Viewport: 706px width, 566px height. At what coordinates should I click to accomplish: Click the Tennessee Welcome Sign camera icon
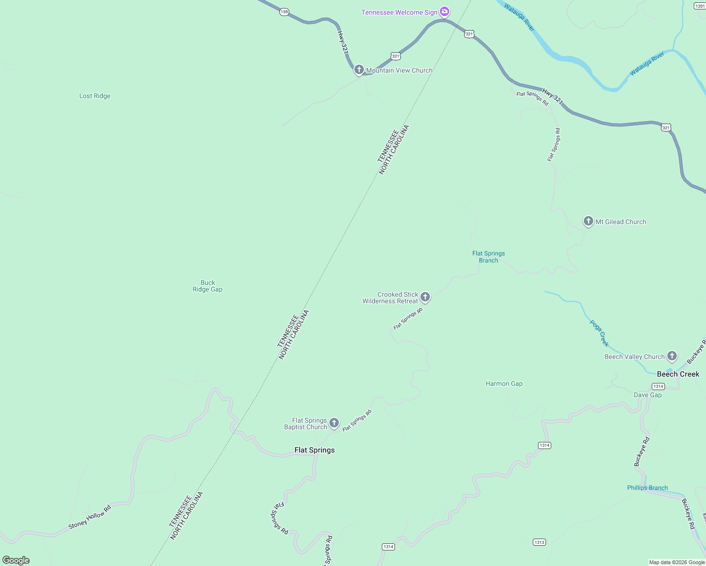(x=444, y=11)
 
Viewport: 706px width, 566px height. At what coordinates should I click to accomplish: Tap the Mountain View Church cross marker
(x=359, y=70)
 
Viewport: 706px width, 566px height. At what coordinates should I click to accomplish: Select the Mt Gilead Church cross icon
(x=588, y=221)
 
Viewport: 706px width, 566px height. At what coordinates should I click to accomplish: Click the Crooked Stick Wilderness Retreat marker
(x=425, y=297)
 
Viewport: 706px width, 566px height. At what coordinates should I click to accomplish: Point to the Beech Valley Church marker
(x=672, y=356)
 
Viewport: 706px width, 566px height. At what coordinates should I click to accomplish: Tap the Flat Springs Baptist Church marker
(x=334, y=423)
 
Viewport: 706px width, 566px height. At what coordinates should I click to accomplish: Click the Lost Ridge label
(x=95, y=96)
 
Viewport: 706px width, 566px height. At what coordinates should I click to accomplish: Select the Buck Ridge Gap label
(x=208, y=286)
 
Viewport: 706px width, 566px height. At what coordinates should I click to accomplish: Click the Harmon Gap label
(x=504, y=383)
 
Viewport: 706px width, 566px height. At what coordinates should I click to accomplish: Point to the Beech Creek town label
(x=678, y=374)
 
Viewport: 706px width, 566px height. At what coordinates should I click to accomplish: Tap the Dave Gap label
(x=647, y=395)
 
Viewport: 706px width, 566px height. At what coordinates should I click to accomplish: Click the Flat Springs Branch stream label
(x=488, y=257)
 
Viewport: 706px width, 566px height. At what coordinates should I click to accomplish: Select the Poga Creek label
(x=599, y=333)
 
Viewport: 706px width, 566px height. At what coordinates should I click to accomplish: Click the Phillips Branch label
(x=647, y=488)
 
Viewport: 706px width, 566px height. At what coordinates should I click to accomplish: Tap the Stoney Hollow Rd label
(x=90, y=517)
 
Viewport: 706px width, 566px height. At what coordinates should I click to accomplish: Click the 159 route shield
(x=284, y=12)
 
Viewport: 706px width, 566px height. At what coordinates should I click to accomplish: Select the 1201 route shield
(x=700, y=6)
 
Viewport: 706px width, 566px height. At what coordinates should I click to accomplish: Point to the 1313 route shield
(x=539, y=542)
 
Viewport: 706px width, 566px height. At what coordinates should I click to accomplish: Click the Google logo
(x=16, y=560)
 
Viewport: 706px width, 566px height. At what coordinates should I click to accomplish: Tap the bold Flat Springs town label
(x=314, y=450)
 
